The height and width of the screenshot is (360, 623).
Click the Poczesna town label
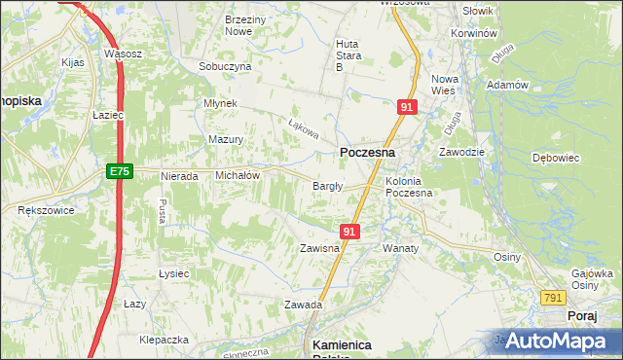point(367,153)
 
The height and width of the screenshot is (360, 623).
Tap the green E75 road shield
point(119,171)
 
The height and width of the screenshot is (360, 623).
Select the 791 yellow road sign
point(553,298)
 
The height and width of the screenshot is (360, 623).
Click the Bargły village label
point(326,186)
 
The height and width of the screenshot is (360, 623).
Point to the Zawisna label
point(319,248)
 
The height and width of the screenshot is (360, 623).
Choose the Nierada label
point(179,177)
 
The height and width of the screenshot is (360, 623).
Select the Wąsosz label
point(124,54)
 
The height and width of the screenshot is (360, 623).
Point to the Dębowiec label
point(557,157)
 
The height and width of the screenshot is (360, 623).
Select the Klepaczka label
point(164,341)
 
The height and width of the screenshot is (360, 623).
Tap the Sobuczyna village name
point(225,66)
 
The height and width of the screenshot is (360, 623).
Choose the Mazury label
point(226,139)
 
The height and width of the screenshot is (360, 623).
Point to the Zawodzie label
point(461,152)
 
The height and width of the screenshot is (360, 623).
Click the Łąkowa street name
point(304,127)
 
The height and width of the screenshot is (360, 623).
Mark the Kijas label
point(73,61)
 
